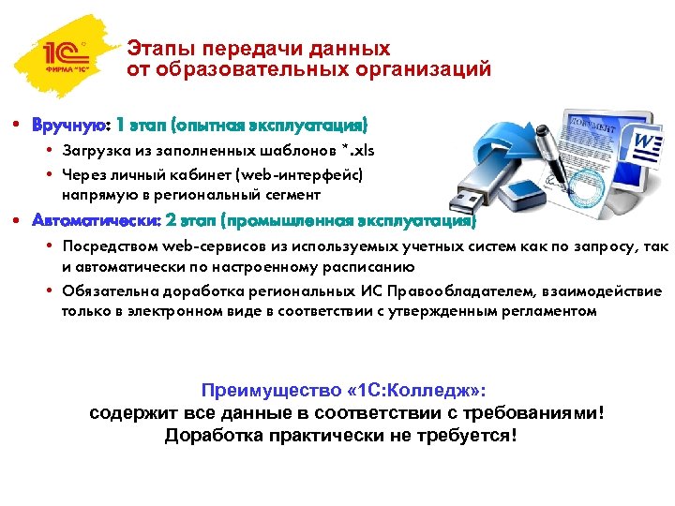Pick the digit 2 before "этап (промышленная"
pos(170,221)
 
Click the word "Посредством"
pos(104,246)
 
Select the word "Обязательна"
pos(104,291)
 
